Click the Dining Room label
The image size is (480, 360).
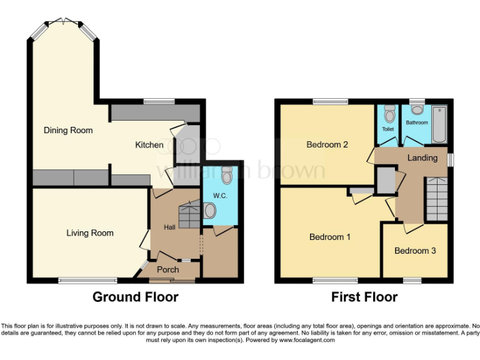pos(68,131)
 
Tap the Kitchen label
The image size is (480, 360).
pos(149,145)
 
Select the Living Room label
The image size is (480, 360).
pos(90,233)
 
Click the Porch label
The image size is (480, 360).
pos(167,269)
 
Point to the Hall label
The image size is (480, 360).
pos(169,227)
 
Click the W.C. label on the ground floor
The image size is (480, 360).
pos(219,196)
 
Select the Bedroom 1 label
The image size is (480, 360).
pos(330,237)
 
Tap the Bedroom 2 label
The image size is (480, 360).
pos(327,145)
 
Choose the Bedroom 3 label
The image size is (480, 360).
pos(414,251)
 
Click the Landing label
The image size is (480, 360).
pos(422,157)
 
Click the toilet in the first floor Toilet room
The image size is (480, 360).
pos(390,114)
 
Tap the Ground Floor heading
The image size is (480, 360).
pos(135,297)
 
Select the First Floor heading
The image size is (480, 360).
pos(364,297)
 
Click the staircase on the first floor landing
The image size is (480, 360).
pos(437,199)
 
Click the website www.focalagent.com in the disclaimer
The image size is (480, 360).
pos(307,341)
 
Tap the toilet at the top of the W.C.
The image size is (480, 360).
pos(227,173)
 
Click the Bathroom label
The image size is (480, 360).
pos(417,122)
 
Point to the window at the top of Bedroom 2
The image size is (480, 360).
pos(331,101)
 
